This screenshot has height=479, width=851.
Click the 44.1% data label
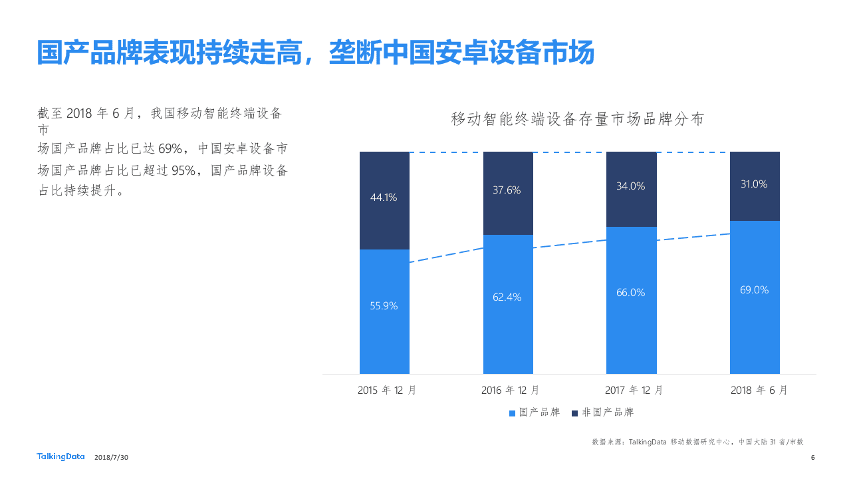click(384, 198)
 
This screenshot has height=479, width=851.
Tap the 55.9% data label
click(384, 306)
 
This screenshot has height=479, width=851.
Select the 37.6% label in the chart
click(507, 190)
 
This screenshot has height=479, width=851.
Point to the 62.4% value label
click(507, 297)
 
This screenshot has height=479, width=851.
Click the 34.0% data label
click(631, 186)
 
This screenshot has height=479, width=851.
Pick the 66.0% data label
click(631, 293)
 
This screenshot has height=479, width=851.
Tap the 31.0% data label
click(754, 184)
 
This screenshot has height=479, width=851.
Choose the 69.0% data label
click(754, 290)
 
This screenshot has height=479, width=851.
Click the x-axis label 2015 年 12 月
click(387, 391)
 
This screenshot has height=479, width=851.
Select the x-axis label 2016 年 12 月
click(511, 391)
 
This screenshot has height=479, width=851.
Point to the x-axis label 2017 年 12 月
click(634, 391)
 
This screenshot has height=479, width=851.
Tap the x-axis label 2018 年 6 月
click(759, 391)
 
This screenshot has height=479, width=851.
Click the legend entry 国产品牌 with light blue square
click(535, 412)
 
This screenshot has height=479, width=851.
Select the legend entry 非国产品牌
click(603, 412)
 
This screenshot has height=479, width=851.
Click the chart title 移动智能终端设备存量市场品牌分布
click(577, 120)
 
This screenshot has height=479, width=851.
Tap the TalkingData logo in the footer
click(61, 456)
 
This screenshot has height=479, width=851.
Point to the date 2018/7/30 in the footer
click(112, 457)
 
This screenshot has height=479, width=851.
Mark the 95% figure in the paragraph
click(183, 171)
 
